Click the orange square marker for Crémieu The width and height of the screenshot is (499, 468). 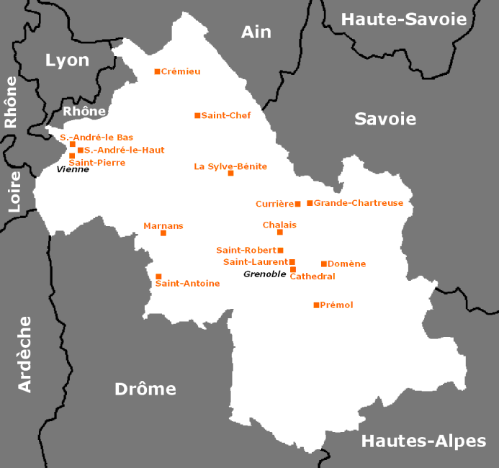(x=157, y=71)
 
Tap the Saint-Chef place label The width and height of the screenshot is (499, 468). (x=226, y=115)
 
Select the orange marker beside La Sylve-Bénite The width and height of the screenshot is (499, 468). (x=230, y=173)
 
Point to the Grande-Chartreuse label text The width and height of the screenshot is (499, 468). (x=358, y=203)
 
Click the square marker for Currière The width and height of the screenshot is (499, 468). (x=297, y=204)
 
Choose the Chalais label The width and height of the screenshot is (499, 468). (x=279, y=225)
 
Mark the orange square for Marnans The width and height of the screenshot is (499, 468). (x=163, y=233)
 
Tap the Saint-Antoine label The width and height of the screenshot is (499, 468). (x=187, y=284)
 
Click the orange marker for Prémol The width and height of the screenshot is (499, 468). (x=316, y=305)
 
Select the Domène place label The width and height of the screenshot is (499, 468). (x=346, y=264)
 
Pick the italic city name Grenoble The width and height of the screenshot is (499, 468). (x=264, y=274)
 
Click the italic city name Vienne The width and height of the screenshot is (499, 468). (x=73, y=169)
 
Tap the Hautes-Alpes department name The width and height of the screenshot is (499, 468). (x=423, y=441)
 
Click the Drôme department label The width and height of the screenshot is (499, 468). (x=145, y=389)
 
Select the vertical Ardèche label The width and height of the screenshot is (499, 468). (x=25, y=354)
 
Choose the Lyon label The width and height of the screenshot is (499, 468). (x=67, y=60)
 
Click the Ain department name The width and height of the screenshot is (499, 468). (x=256, y=32)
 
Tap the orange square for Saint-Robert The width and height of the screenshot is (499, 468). (x=281, y=251)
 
